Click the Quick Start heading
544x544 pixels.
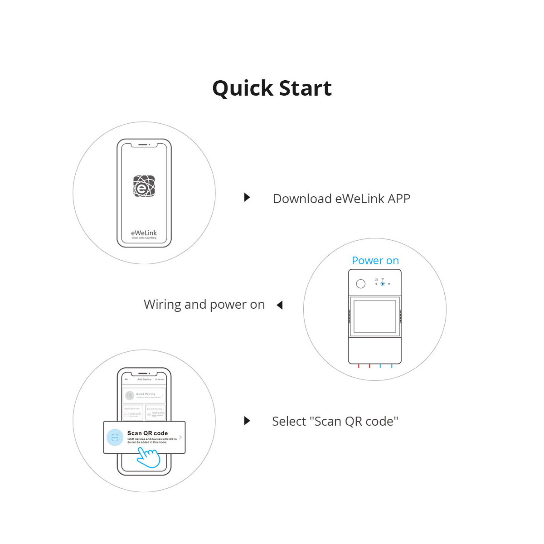(x=272, y=88)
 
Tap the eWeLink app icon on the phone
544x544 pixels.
(x=144, y=186)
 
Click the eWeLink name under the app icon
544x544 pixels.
(x=144, y=233)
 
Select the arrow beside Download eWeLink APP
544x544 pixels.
(x=247, y=197)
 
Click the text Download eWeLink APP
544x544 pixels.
(x=341, y=199)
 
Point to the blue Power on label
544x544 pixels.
(x=375, y=261)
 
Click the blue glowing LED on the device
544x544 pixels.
(x=383, y=284)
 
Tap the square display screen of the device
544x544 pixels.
(x=374, y=316)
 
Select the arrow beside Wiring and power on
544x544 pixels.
(x=280, y=305)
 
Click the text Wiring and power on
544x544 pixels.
(x=204, y=304)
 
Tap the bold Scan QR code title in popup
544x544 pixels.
(x=147, y=433)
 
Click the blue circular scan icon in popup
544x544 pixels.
(x=115, y=437)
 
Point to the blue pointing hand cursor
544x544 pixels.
(x=148, y=457)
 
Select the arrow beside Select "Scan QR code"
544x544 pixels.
(x=247, y=421)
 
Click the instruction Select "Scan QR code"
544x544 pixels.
(x=335, y=421)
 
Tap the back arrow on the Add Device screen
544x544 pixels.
(x=126, y=379)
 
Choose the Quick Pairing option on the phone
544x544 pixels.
(x=144, y=395)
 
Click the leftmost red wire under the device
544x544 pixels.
(x=359, y=366)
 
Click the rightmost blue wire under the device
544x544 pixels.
(x=392, y=366)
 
